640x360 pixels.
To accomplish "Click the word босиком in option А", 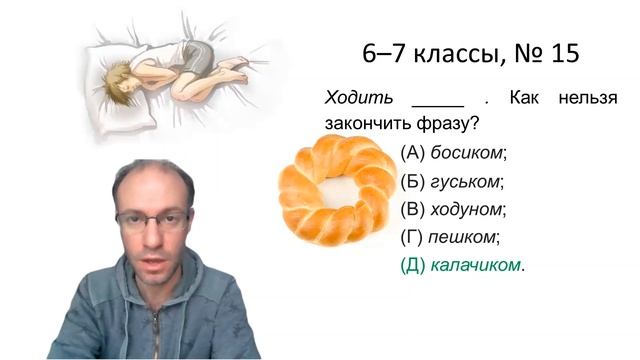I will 468,153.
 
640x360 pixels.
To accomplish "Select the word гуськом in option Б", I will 465,182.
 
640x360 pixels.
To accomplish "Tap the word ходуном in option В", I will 467,210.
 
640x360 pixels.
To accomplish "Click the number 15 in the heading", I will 564,54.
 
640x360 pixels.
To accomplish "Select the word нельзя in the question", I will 589,98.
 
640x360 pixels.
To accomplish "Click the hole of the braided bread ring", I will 334,190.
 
